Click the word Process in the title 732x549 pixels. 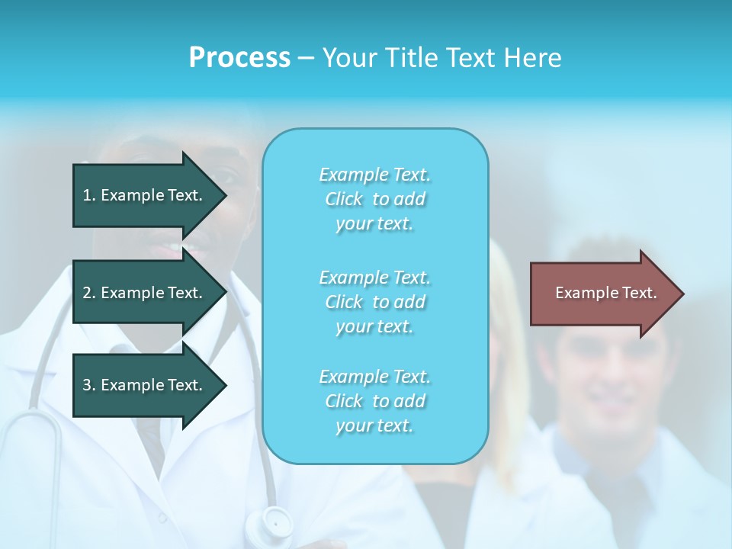coord(239,58)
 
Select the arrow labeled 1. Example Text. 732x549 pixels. coord(145,195)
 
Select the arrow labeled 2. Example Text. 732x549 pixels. coord(145,293)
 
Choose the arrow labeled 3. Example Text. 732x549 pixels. coord(145,385)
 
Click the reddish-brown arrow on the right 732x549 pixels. coord(602,294)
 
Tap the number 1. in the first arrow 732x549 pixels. coord(88,195)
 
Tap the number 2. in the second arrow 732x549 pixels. coord(88,293)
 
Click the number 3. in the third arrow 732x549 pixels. coord(88,385)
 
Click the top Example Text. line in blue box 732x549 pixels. coord(374,175)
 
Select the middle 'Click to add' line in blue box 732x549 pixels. coord(374,302)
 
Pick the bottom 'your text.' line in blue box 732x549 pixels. coord(374,425)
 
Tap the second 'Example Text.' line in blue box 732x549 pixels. coord(374,277)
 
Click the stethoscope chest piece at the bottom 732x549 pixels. coord(276,522)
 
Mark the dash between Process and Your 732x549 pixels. coord(306,58)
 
